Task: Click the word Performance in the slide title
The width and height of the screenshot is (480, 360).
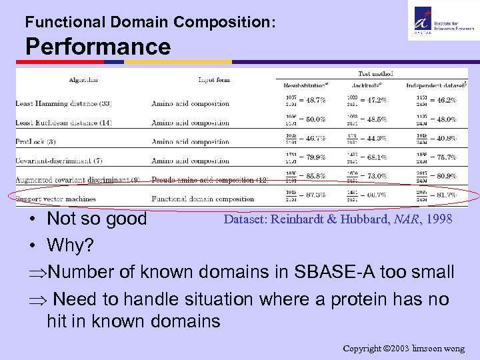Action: (98, 47)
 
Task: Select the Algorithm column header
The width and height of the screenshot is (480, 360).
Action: (83, 79)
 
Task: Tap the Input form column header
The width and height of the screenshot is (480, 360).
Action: (214, 79)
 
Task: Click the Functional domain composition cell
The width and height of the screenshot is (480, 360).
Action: (203, 199)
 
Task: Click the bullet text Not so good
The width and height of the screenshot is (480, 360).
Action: (97, 219)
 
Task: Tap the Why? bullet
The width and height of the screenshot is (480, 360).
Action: (70, 246)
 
